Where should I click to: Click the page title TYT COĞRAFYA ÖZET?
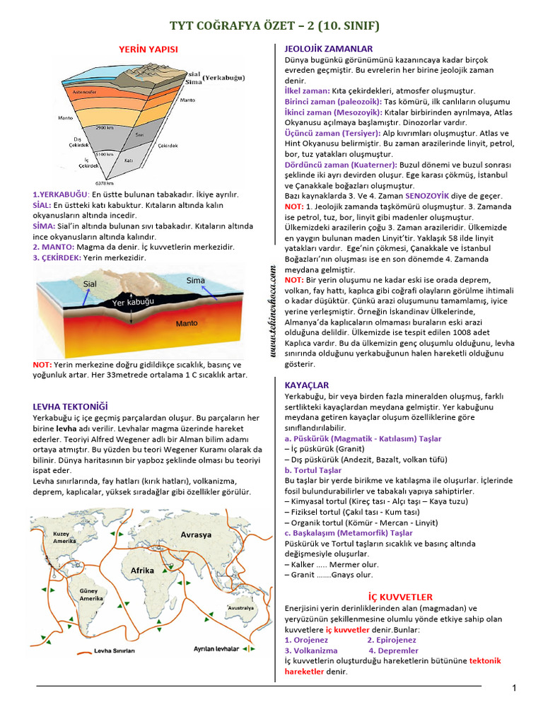[x=274, y=26]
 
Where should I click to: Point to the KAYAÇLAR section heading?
[x=306, y=385]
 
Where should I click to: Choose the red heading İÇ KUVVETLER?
[x=400, y=597]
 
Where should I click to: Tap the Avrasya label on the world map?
[x=196, y=535]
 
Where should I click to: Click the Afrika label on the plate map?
[x=142, y=570]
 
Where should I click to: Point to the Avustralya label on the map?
[x=240, y=607]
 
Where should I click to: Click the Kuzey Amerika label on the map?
[x=64, y=537]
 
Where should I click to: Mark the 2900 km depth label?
[x=105, y=128]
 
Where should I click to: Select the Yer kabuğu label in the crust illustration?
[x=132, y=302]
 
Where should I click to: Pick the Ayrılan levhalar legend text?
[x=216, y=648]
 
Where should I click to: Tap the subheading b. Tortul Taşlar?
[x=313, y=470]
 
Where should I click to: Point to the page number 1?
[x=514, y=688]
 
